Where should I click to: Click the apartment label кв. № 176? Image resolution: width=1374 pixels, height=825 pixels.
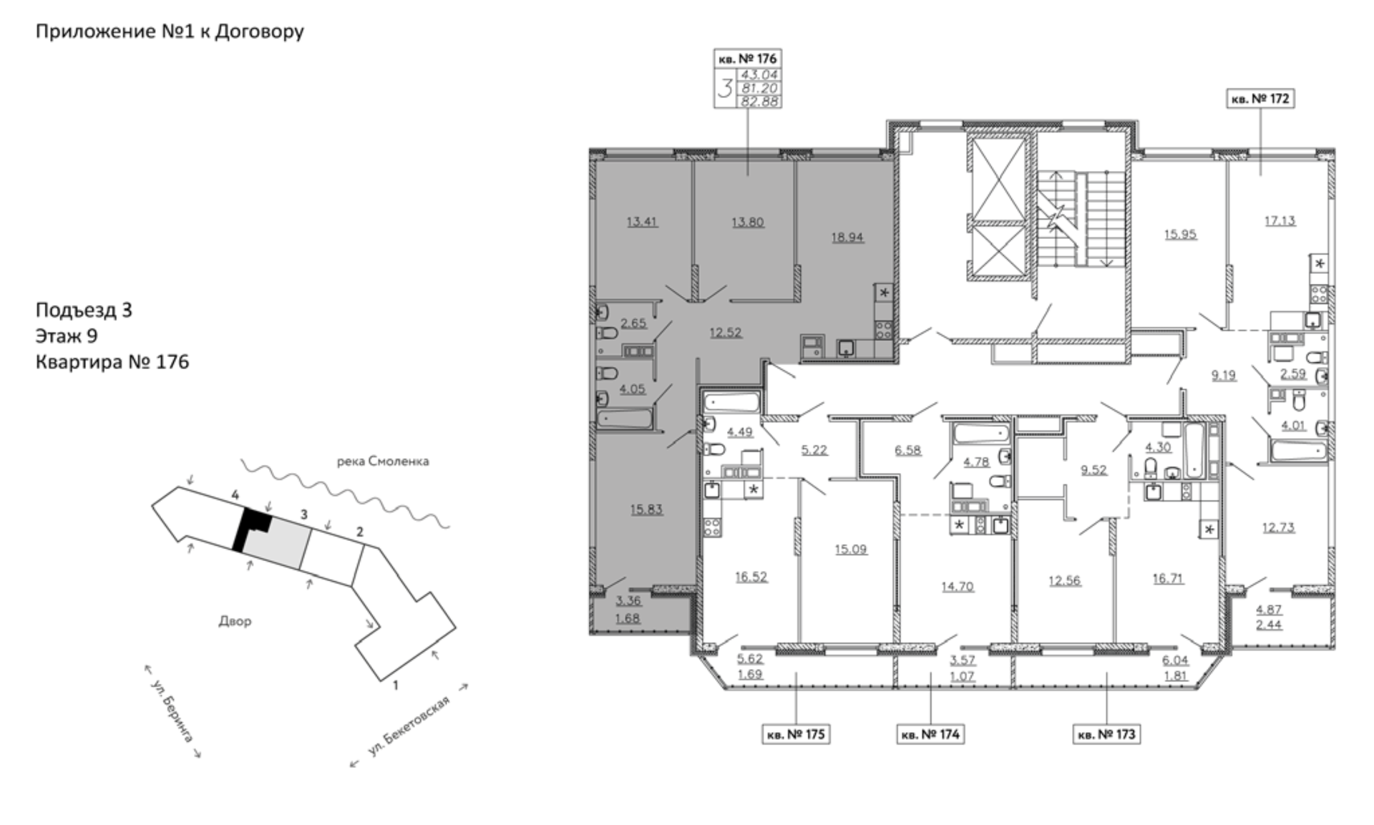coord(747,58)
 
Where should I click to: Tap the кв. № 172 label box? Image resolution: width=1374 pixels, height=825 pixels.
coord(1260,99)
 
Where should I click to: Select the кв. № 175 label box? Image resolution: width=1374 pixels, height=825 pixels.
coord(796,734)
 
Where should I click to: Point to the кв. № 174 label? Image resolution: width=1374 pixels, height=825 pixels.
coord(930,734)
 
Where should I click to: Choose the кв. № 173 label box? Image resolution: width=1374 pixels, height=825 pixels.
coord(1106,734)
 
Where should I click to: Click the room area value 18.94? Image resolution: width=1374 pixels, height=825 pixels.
coord(847,237)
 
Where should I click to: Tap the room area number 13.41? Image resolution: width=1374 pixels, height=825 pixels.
coord(642,221)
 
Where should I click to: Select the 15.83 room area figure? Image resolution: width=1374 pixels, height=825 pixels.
coord(646,509)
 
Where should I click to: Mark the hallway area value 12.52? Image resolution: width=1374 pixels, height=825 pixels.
coord(726,332)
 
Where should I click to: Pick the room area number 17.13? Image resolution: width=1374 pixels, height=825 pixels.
coord(1280,220)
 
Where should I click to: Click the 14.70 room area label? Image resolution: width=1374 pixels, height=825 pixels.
coord(958,586)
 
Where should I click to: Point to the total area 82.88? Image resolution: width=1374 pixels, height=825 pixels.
coord(759,102)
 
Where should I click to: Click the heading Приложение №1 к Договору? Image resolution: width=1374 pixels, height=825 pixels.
coord(170,31)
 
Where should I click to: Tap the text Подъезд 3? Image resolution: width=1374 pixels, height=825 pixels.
coord(84,310)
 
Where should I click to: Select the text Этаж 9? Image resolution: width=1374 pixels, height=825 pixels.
coord(67,336)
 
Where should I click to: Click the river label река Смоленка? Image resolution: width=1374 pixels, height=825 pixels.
coord(383,462)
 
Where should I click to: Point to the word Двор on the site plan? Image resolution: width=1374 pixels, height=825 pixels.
coord(235,621)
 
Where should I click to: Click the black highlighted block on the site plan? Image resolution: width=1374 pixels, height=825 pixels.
coord(252,527)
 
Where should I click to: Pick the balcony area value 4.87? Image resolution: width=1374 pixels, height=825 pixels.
coord(1269,610)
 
